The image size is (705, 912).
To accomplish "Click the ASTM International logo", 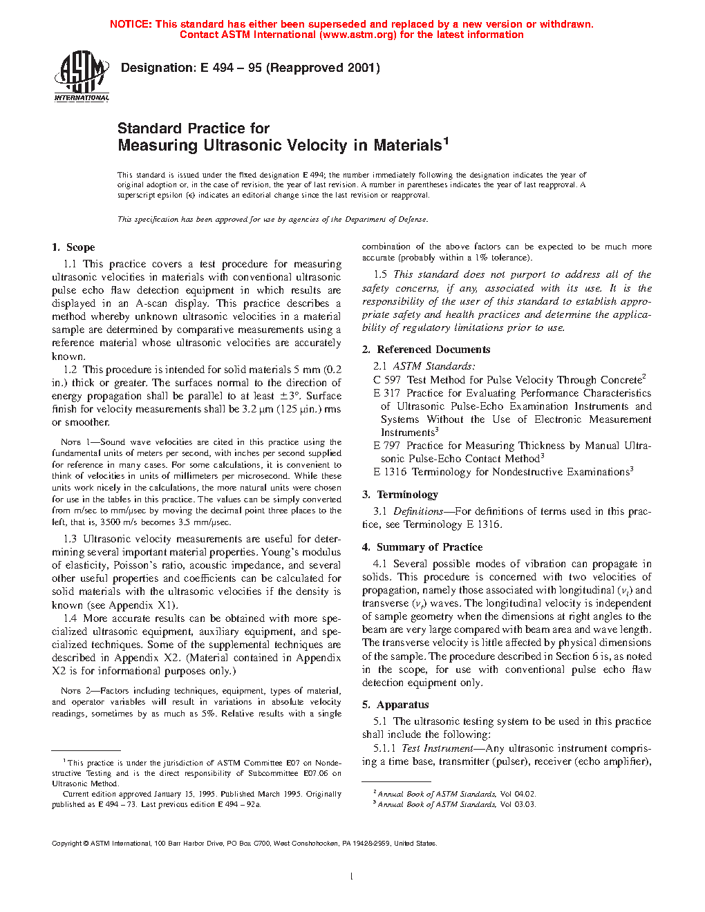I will tap(82, 75).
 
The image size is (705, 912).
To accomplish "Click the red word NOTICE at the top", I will tap(131, 24).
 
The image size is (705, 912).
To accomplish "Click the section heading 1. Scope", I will tap(73, 247).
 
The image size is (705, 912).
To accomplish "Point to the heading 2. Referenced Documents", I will tap(426, 350).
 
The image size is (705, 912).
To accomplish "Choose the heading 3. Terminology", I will tap(400, 495).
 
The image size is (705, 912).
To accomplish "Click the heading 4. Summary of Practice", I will tap(422, 547).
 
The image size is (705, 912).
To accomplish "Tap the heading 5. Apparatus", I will tap(395, 705).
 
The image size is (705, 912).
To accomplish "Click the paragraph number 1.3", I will tap(70, 539).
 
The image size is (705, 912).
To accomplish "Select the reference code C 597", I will tap(387, 380).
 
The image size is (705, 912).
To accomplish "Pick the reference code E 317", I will tap(387, 393).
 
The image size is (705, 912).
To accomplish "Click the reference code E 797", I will tap(387, 446).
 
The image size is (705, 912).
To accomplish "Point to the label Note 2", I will tap(70, 691).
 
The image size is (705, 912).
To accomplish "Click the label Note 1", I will tap(70, 442).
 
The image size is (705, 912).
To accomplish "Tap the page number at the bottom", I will tap(352, 877).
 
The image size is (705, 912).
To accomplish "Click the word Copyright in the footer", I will tap(67, 843).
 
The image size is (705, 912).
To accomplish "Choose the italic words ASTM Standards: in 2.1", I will tap(434, 366).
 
